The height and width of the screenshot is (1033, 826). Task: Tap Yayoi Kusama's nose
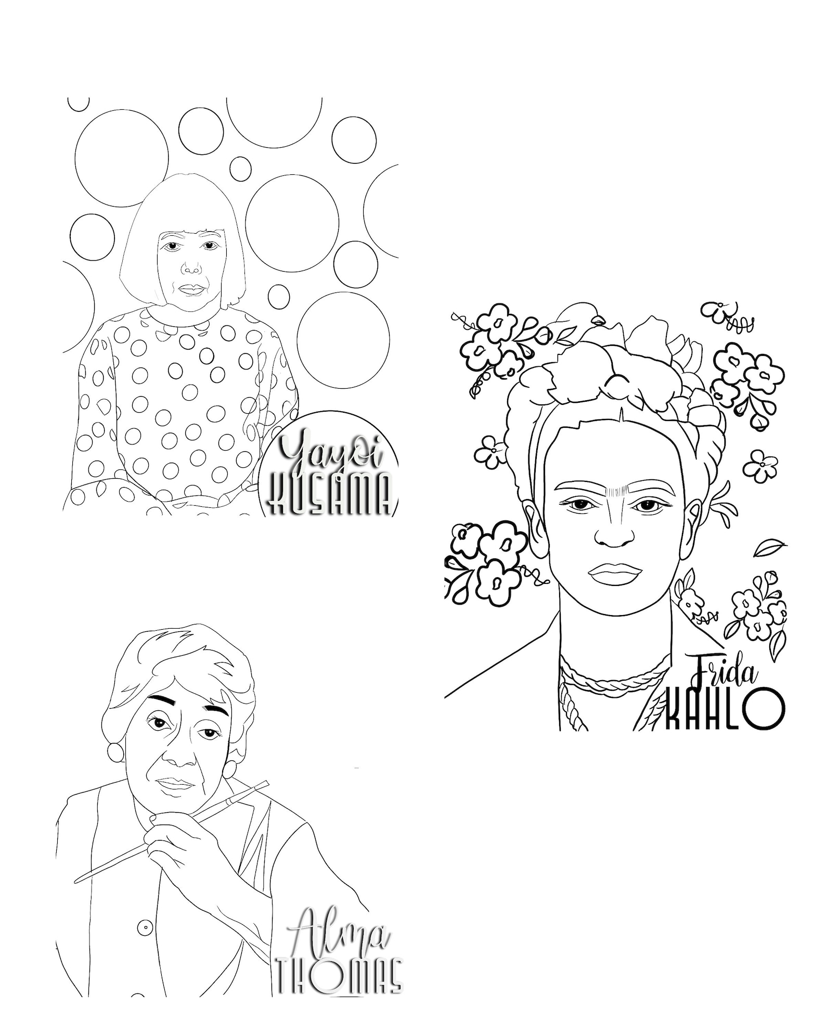191,267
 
